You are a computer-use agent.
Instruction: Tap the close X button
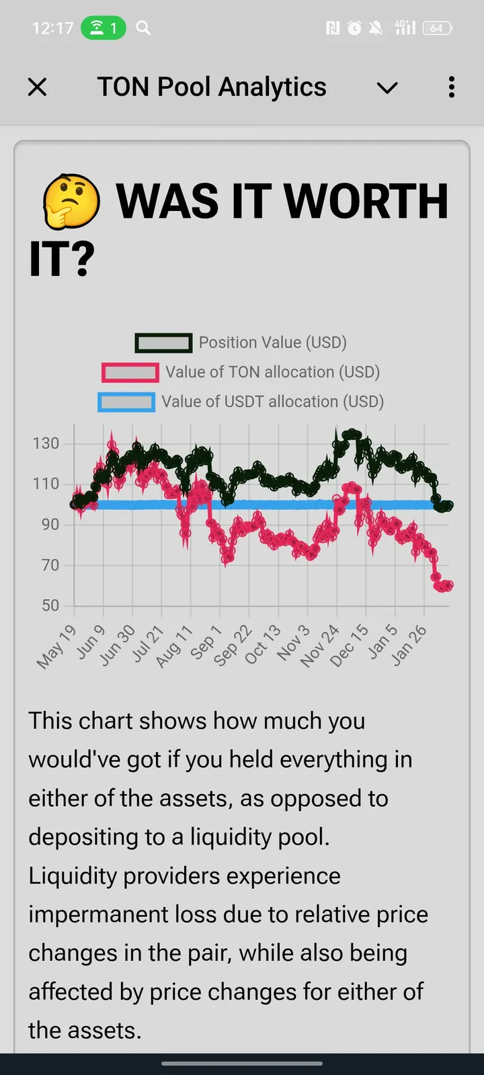[38, 87]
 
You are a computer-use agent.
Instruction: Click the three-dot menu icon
[452, 87]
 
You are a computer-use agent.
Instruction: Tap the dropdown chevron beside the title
[387, 88]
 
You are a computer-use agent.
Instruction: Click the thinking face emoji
[71, 202]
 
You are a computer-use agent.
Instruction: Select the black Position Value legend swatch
[164, 343]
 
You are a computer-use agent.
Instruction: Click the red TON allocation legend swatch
[130, 373]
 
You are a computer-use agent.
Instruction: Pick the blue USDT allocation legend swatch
[126, 402]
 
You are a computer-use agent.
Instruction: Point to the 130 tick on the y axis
[46, 443]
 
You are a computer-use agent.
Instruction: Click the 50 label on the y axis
[50, 605]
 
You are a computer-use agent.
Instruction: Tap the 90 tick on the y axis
[50, 525]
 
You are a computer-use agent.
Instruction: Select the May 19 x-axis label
[57, 646]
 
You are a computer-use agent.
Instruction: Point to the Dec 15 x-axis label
[350, 645]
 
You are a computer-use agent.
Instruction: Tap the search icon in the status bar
[143, 28]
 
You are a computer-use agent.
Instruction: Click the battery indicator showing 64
[437, 28]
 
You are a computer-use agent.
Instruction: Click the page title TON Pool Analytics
[212, 87]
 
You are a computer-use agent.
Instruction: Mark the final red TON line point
[448, 585]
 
